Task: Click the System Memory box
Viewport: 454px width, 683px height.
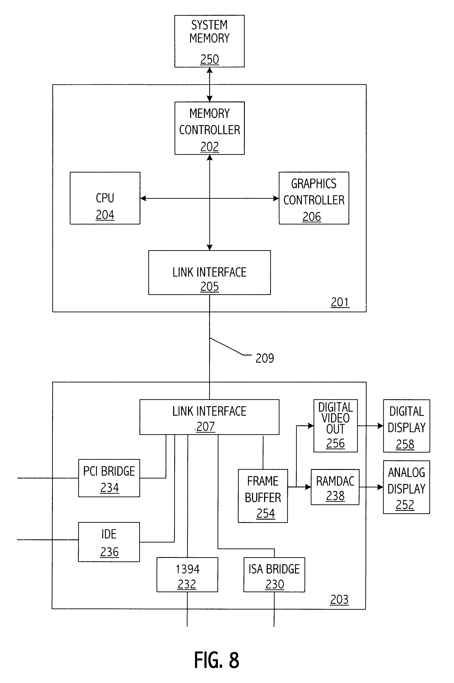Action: click(209, 41)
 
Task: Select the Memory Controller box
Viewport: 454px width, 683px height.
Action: click(209, 128)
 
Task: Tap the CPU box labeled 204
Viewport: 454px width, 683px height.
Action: click(105, 198)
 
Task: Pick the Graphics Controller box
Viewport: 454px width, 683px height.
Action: click(314, 198)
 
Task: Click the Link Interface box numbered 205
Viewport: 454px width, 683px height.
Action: click(209, 273)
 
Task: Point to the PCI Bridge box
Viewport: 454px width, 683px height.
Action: click(109, 478)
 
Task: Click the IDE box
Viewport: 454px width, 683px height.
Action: click(109, 542)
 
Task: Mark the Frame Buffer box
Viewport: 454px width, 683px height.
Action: click(263, 496)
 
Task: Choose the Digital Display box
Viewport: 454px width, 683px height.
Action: click(406, 426)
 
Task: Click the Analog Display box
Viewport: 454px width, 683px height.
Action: click(406, 487)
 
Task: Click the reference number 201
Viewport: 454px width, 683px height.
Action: click(340, 302)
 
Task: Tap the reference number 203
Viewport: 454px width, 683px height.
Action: click(339, 600)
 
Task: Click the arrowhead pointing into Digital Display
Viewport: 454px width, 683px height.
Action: click(380, 426)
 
